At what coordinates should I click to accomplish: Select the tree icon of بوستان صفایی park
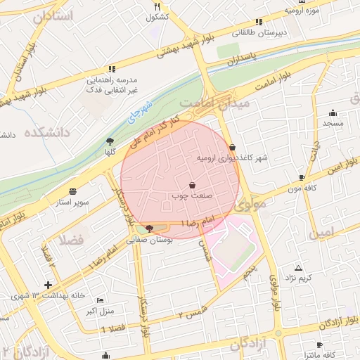click(x=148, y=229)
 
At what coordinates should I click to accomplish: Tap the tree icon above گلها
click(x=109, y=141)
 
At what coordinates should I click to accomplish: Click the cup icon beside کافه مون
click(x=302, y=177)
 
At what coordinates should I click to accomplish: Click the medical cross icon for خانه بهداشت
click(x=47, y=285)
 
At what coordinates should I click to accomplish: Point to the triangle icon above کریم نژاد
click(x=299, y=268)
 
